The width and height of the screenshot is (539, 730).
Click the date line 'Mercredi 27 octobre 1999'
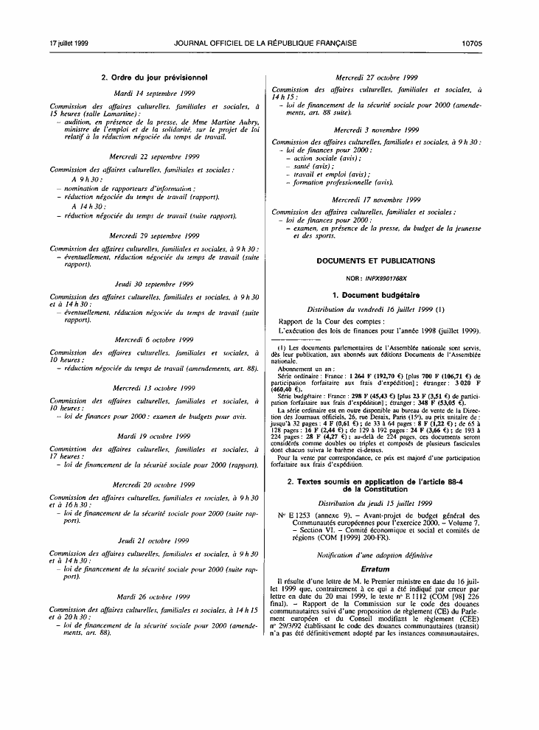[x=376, y=77]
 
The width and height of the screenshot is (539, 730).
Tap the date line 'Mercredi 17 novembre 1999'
[x=376, y=199]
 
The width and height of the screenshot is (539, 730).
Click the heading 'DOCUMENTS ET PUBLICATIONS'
[x=376, y=261]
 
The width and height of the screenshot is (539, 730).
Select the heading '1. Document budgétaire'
[x=376, y=296]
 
